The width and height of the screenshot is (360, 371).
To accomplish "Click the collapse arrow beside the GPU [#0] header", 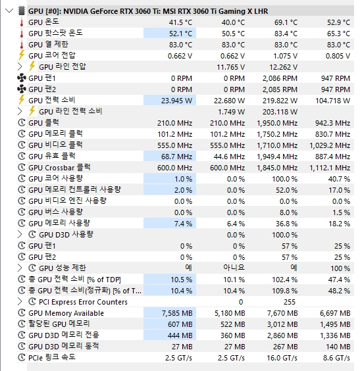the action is click(9, 11).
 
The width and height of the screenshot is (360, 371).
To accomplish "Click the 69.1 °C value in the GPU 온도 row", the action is click(286, 22).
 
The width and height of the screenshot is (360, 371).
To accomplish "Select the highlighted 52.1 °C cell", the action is click(170, 34).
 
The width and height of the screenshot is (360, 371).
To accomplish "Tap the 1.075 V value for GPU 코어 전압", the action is click(285, 56).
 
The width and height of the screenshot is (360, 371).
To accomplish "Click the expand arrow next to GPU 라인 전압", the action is click(20, 66).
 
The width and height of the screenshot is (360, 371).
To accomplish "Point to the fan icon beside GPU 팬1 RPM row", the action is click(22, 78).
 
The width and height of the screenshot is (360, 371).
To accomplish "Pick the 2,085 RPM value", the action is click(280, 89).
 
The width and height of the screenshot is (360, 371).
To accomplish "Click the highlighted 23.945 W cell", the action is click(170, 101).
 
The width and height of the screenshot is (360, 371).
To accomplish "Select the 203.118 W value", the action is click(280, 112).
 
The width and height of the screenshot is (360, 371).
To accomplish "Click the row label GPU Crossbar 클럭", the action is click(59, 168).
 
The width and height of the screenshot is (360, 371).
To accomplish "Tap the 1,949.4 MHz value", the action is click(277, 157).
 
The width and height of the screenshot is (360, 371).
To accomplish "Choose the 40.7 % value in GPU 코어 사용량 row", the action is click(339, 179).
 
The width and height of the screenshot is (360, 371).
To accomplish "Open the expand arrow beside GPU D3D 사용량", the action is click(20, 234).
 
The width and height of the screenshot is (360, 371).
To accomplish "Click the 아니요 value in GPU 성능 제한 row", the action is click(234, 268).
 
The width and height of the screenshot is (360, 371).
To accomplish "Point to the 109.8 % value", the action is click(284, 291).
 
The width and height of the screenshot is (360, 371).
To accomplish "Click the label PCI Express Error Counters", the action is click(83, 302).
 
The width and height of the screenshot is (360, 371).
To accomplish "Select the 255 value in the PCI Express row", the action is click(290, 302).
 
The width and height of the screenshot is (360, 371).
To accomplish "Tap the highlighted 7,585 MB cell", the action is click(170, 313).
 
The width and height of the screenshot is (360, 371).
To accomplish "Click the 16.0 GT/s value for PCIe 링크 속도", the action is click(282, 358).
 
